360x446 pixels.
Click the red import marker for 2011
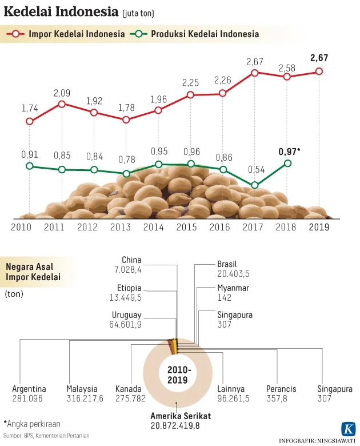(62, 104)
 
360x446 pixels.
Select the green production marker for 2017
(255, 185)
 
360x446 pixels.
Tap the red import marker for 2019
(319, 71)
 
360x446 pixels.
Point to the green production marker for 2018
(287, 163)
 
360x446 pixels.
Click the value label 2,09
(62, 92)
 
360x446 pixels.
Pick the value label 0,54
(255, 170)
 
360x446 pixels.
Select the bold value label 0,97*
(290, 152)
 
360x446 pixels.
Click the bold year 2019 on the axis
(319, 227)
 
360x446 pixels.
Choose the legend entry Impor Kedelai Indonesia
(77, 34)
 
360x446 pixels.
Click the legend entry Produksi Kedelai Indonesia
(205, 34)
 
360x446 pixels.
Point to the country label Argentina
(27, 389)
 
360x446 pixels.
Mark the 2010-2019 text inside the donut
(178, 375)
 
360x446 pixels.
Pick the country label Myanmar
(233, 288)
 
